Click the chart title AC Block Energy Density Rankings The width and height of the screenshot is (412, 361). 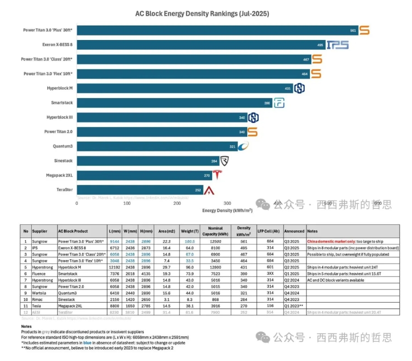[202, 14]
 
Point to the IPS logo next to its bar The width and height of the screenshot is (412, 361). [338, 45]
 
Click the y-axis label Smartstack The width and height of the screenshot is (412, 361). [62, 103]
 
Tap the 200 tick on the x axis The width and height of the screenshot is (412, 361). [177, 203]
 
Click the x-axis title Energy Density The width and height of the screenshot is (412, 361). [228, 211]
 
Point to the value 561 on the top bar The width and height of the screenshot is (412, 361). [353, 30]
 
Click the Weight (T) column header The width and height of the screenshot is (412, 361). [187, 231]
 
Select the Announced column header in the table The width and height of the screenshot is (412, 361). [294, 231]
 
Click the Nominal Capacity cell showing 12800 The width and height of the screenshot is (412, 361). [215, 267]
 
